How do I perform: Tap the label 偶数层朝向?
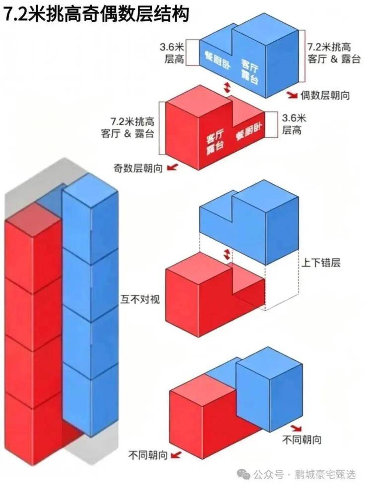pos(325,95)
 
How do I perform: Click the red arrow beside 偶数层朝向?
pos(293,95)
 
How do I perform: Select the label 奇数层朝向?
pos(138,168)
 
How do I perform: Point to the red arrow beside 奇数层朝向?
pos(172,168)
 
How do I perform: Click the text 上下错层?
pos(320,263)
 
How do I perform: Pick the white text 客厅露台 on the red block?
pos(215,142)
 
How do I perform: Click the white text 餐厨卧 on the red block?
pos(249,131)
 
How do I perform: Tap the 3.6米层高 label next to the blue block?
pos(172,53)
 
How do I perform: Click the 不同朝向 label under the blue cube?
pos(302,440)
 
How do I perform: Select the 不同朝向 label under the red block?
pos(148,455)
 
